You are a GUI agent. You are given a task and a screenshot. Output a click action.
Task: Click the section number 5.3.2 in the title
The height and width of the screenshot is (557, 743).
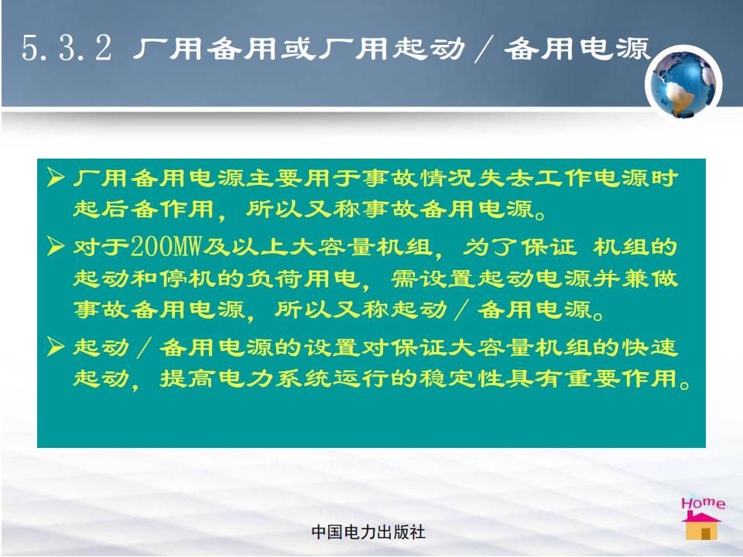tap(67, 48)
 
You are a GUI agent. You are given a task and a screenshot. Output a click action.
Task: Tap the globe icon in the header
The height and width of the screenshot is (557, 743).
tap(683, 84)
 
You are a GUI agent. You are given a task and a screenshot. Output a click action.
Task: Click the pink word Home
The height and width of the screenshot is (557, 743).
tap(704, 503)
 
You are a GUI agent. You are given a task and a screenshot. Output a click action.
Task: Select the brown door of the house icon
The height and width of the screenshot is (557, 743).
tap(706, 533)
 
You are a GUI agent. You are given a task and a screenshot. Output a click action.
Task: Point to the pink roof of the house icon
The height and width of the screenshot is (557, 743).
tap(701, 517)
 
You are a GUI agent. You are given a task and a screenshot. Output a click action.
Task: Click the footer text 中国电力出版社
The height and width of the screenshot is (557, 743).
tap(368, 532)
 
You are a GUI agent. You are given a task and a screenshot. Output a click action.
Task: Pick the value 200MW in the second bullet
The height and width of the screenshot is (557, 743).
tap(166, 247)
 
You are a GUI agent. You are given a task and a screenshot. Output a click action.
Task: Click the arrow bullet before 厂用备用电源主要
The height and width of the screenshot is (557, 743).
tap(56, 178)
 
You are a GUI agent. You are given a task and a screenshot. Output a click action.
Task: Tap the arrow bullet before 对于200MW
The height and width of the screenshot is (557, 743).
tap(56, 246)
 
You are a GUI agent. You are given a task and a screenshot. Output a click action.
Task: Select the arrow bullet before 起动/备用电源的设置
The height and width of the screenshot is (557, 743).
tap(56, 347)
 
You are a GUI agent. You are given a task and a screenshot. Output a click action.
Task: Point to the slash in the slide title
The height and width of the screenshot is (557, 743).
tap(484, 49)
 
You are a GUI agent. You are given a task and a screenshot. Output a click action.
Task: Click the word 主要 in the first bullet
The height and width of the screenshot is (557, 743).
tap(275, 178)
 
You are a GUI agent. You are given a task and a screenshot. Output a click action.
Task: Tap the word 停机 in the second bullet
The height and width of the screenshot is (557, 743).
tap(188, 278)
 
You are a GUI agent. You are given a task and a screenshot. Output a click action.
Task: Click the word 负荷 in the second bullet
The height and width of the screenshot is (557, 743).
tap(275, 278)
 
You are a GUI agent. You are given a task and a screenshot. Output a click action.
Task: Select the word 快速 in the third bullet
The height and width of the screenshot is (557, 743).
tap(650, 347)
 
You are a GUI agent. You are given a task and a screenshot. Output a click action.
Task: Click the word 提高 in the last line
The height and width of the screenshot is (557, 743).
tap(188, 378)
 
